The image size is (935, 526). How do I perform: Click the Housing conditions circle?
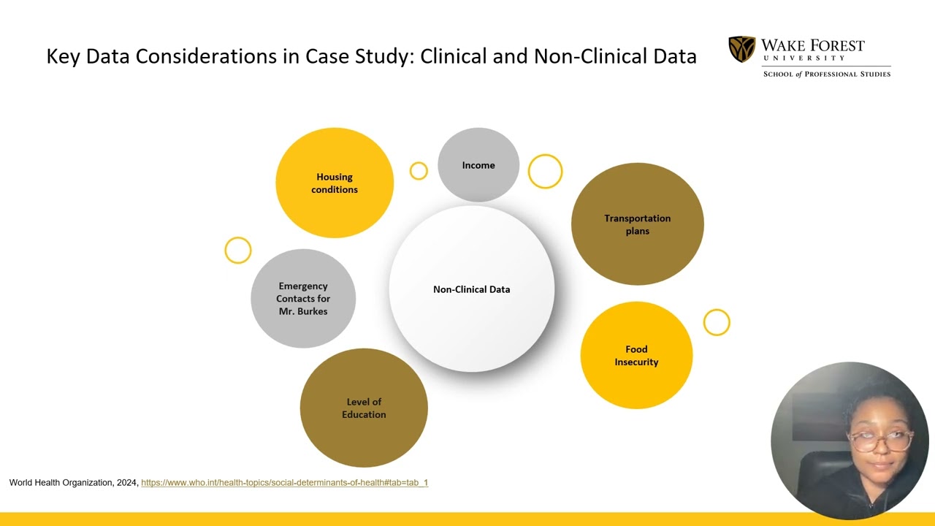(x=335, y=183)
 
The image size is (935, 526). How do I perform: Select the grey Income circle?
(x=478, y=165)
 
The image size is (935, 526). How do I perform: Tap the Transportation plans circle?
(x=638, y=224)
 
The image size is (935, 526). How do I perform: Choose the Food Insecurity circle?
(x=636, y=355)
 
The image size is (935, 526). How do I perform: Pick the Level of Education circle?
(x=364, y=408)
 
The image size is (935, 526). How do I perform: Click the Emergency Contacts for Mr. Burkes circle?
(x=303, y=299)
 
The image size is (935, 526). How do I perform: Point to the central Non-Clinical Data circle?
(x=472, y=289)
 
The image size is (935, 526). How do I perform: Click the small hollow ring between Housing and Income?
(x=419, y=164)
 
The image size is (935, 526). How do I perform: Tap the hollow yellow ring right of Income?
(x=545, y=156)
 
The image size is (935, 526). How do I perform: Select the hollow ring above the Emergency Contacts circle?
(x=238, y=238)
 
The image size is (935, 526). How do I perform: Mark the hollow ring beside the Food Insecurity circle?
(x=717, y=310)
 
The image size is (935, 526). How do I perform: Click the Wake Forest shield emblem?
(x=741, y=49)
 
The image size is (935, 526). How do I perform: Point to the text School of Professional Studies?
(x=827, y=75)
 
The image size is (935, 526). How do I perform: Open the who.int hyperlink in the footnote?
(x=285, y=483)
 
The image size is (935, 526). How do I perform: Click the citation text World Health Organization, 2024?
(x=74, y=483)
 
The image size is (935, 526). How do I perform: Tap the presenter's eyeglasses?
(x=881, y=441)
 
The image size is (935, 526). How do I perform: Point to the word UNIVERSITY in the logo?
(x=804, y=58)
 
